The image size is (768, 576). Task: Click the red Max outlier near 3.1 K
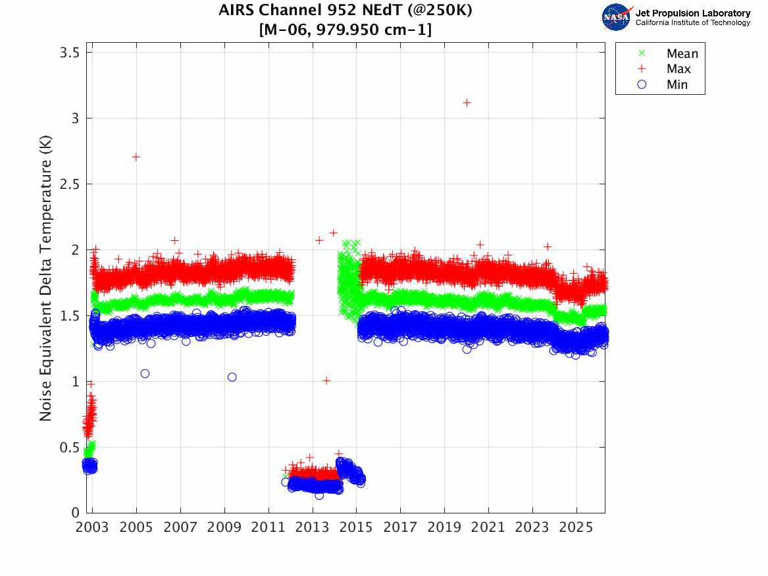467,103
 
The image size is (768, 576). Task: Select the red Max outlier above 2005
136,157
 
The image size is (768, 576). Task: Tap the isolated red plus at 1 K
326,380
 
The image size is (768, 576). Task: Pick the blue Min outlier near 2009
232,377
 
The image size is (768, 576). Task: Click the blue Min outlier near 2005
145,373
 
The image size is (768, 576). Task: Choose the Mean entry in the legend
681,53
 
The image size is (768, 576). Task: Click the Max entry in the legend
678,69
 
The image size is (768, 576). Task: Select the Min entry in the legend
677,85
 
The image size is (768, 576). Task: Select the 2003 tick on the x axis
92,527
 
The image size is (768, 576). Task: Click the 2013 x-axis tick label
313,527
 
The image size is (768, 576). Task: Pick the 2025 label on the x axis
576,527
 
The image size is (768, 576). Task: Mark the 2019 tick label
444,527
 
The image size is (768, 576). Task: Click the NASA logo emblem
617,17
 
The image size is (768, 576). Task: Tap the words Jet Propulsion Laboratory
692,13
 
